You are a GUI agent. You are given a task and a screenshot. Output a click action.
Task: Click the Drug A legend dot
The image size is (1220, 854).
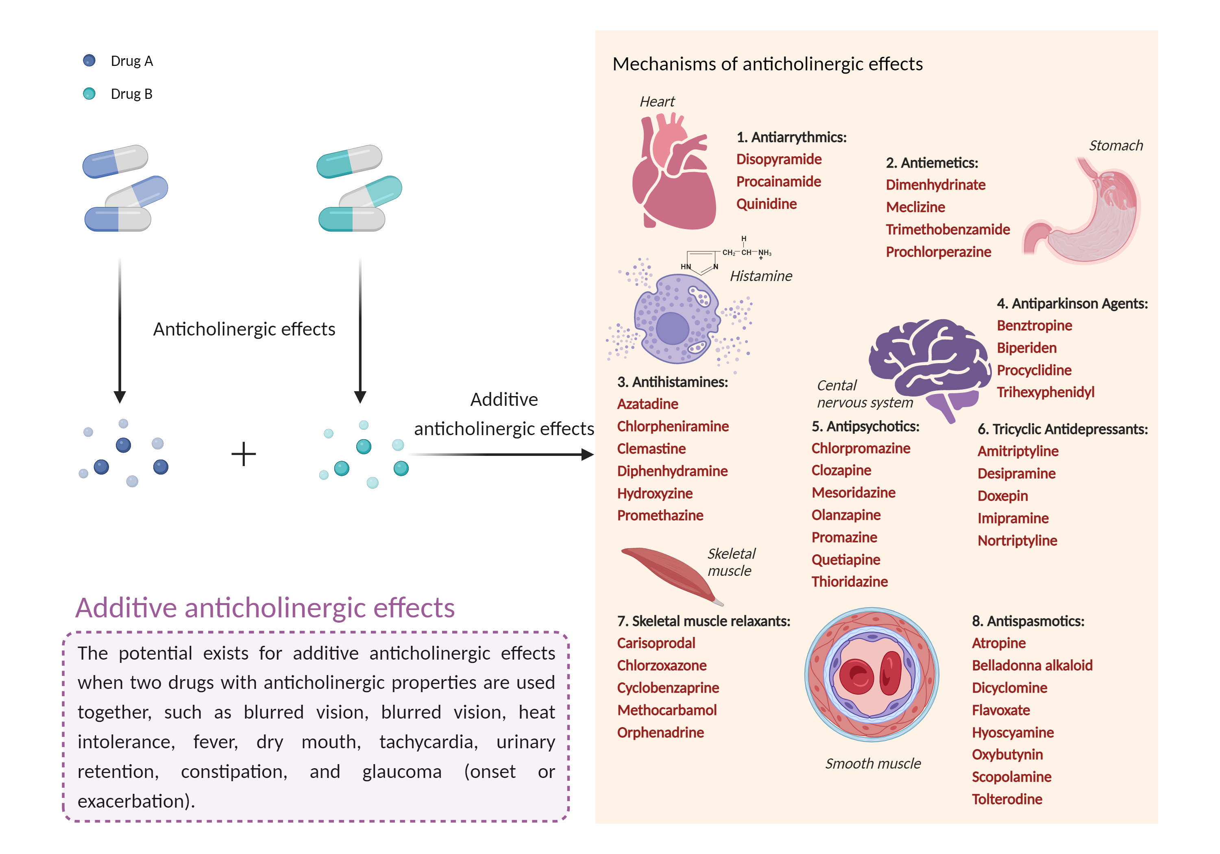(89, 61)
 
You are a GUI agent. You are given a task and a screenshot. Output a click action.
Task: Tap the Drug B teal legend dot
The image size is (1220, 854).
(89, 94)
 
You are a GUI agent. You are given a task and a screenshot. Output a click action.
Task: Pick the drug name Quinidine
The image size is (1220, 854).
(766, 204)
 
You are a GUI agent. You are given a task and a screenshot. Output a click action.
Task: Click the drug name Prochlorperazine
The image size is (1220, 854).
(938, 252)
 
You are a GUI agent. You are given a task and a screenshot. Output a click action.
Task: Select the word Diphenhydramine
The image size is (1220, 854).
(672, 471)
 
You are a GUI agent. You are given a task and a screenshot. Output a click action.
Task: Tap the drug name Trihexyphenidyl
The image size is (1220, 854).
(1045, 392)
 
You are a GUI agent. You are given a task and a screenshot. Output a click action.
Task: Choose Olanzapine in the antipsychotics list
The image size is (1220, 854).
(846, 515)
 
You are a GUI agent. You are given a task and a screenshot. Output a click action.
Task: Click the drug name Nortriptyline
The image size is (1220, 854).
(1017, 540)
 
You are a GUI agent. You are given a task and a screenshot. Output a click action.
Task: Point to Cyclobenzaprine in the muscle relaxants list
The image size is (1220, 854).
(668, 688)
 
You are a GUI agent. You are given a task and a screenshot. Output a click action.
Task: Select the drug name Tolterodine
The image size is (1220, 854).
(1007, 799)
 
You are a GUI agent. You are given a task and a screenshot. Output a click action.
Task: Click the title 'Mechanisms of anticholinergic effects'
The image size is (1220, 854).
(767, 64)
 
